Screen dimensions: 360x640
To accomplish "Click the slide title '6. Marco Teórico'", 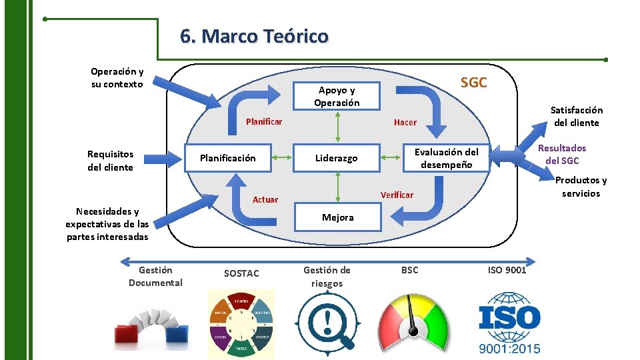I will click(x=254, y=35).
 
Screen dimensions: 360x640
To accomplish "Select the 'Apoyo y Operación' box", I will click(x=338, y=97).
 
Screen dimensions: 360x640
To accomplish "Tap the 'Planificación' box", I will click(x=227, y=158).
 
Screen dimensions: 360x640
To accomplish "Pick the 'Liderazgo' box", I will click(x=337, y=158).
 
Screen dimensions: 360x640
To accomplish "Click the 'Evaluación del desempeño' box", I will click(x=446, y=158).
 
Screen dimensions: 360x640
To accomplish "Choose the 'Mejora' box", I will click(x=338, y=217).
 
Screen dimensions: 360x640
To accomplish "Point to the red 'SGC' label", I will click(x=474, y=83).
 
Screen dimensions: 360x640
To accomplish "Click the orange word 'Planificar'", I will click(x=264, y=121).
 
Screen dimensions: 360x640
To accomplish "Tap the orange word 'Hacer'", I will click(x=405, y=122).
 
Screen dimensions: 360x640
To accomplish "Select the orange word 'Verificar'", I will click(x=397, y=195).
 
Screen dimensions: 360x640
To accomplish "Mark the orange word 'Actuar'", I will click(x=265, y=199).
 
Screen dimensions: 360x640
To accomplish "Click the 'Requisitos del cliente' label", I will click(x=110, y=161).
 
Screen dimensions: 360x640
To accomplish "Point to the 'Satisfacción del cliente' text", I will click(x=576, y=116).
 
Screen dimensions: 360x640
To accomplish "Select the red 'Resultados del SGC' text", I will click(x=562, y=155).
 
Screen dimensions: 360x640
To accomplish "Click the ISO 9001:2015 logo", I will click(x=509, y=323).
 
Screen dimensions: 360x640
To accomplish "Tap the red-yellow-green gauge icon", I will click(x=414, y=321).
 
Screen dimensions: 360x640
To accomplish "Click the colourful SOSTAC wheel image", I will click(x=241, y=323).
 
